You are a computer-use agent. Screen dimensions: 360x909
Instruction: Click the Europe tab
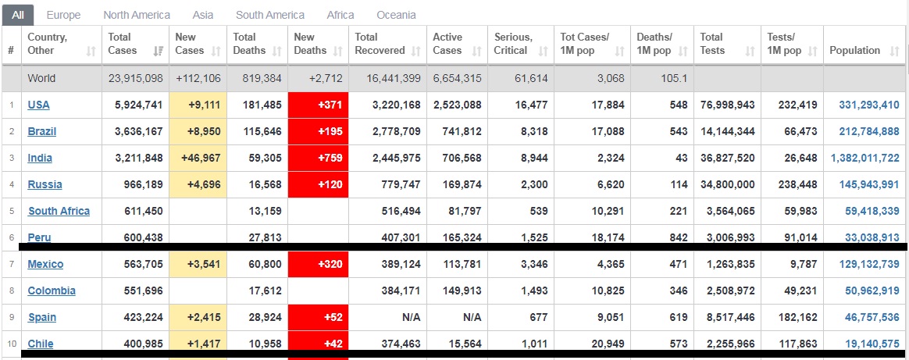tap(63, 15)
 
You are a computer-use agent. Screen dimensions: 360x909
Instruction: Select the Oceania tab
tap(396, 15)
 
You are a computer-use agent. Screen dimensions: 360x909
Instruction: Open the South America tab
tap(270, 15)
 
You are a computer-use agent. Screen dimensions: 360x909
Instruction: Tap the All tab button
tap(17, 15)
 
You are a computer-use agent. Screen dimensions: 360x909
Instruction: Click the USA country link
tap(38, 105)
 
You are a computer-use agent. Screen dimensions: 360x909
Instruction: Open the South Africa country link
tap(59, 211)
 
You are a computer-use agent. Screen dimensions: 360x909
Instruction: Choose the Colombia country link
tap(52, 290)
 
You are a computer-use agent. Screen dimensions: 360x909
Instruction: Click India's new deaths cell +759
tap(319, 158)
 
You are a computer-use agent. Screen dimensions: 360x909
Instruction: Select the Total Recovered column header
tap(380, 44)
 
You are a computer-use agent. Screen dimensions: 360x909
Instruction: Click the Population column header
tap(854, 50)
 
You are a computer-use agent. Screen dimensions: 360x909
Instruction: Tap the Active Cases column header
tap(447, 44)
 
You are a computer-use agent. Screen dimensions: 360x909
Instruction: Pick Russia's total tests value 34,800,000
tap(728, 184)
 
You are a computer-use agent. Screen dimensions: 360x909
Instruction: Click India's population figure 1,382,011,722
tap(865, 158)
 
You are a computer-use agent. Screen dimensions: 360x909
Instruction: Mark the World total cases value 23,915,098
tap(136, 78)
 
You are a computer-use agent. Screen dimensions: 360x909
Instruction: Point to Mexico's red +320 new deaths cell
tap(319, 264)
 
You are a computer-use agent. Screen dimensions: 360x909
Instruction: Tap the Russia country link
tap(45, 184)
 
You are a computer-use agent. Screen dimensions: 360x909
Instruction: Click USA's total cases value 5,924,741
tap(136, 105)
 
